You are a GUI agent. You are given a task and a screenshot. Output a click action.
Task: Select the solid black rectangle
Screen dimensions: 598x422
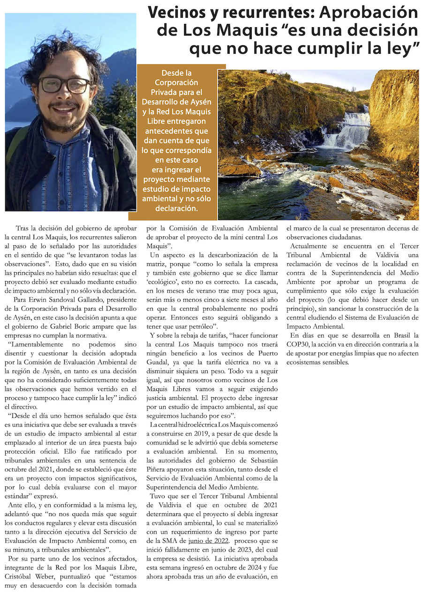pyautogui.click(x=353, y=491)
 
